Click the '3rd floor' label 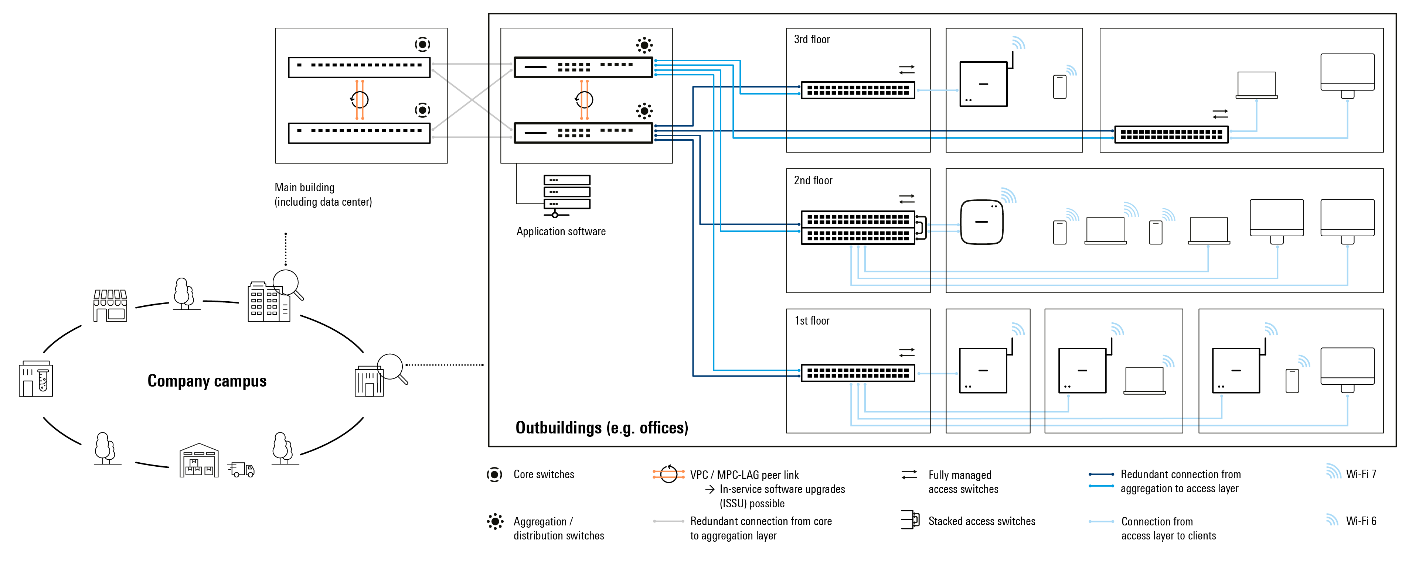pos(811,40)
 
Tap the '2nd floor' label pos(813,181)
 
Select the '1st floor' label pos(812,321)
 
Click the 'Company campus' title pos(207,381)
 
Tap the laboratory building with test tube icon pos(36,379)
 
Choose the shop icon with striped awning pos(110,306)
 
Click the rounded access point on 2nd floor pos(981,222)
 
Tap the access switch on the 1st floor pos(858,373)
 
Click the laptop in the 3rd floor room pos(1256,85)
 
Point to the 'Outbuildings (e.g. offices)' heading pos(602,428)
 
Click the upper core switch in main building pos(359,67)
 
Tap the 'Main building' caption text pos(304,188)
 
